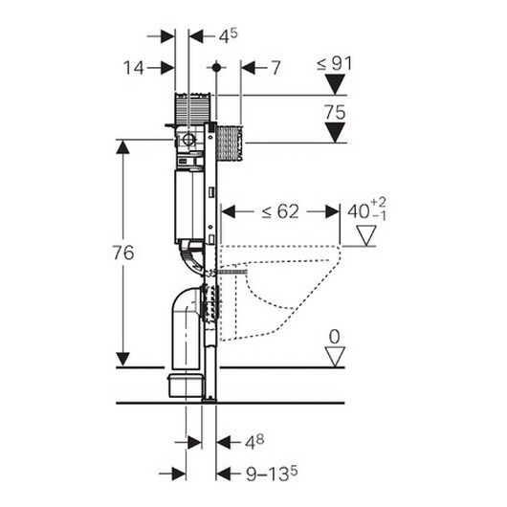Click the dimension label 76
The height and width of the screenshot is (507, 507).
123,253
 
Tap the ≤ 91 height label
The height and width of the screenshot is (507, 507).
335,64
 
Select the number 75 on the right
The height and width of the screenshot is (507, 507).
335,113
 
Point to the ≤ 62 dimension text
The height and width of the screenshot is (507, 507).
280,211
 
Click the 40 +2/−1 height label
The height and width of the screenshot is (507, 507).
366,209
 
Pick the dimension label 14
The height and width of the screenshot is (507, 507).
133,68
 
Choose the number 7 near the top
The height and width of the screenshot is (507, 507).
276,68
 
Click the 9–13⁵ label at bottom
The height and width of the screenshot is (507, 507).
272,474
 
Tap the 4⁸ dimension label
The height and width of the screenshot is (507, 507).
254,442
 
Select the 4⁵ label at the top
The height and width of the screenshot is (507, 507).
229,36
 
